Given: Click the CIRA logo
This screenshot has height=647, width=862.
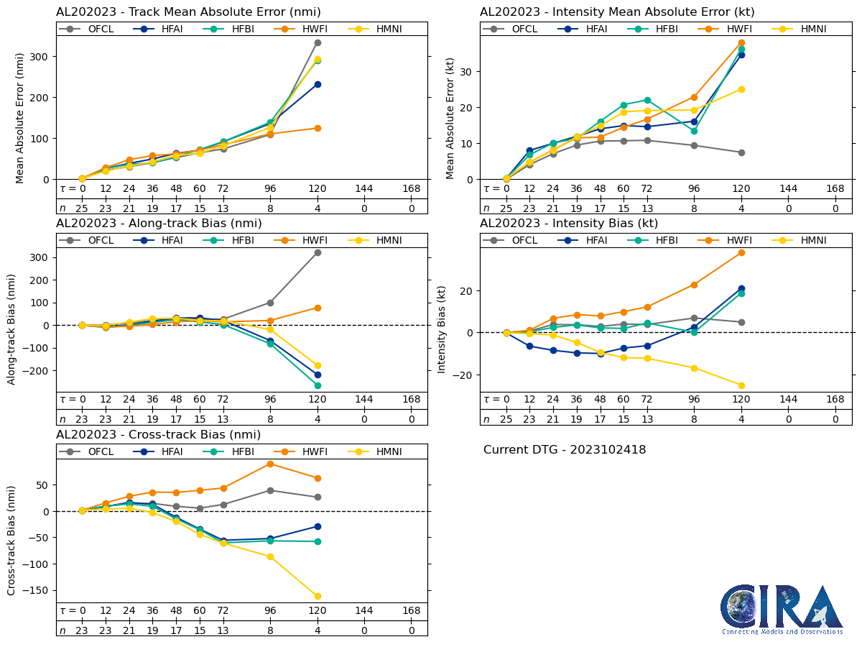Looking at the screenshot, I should [782, 609].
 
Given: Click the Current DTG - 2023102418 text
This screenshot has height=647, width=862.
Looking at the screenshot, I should [565, 450].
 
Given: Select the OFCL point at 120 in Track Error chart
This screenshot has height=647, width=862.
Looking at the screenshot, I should [318, 42].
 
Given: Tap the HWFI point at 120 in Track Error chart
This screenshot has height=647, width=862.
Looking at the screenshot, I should [318, 128].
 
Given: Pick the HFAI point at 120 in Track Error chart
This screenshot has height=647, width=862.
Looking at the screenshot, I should [318, 84].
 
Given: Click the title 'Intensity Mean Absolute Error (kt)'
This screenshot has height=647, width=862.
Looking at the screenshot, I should [617, 12].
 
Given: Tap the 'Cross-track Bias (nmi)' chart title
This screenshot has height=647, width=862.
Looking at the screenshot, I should [158, 434].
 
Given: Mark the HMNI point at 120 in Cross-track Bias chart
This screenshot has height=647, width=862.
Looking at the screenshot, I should [318, 596].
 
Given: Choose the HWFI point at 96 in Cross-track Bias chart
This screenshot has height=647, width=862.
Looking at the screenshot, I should [270, 464].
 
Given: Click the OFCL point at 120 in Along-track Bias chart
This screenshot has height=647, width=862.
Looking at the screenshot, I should [318, 252].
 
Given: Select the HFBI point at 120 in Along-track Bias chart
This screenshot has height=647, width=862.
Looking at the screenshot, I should [318, 385].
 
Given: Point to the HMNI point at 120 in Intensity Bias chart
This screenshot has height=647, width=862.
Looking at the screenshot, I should [741, 385].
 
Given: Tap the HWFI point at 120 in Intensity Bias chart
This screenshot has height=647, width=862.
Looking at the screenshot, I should [741, 252].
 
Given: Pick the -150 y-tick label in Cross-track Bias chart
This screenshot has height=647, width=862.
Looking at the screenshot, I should [37, 590].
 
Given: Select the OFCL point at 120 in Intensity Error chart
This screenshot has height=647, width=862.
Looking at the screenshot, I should [741, 152].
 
